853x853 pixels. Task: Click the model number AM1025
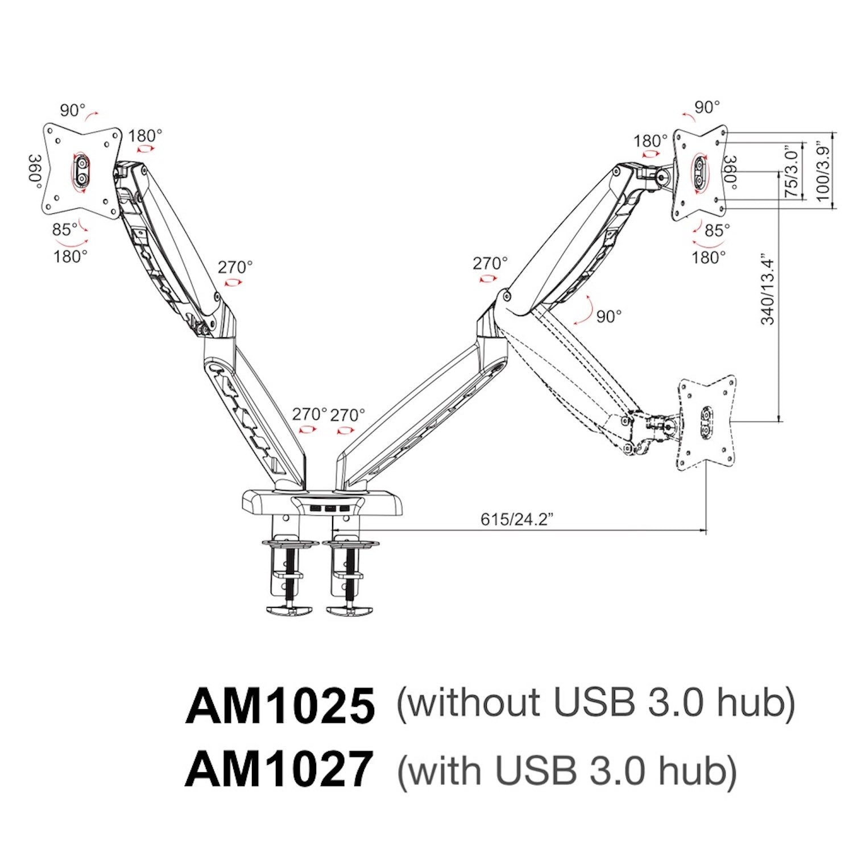[x=280, y=705]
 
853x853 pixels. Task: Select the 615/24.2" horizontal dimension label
[x=517, y=519]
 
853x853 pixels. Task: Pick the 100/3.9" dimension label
[x=823, y=171]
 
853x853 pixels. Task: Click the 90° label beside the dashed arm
[x=608, y=316]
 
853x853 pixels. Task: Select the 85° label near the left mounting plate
[x=65, y=229]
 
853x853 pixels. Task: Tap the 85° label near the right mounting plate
[x=717, y=230]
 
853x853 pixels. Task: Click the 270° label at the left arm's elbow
[x=235, y=267]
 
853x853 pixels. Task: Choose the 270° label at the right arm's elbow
[x=490, y=263]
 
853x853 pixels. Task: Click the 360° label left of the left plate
[x=36, y=169]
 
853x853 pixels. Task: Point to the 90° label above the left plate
[x=72, y=110]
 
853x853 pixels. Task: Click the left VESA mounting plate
[x=83, y=171]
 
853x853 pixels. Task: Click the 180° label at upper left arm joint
[x=144, y=136]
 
